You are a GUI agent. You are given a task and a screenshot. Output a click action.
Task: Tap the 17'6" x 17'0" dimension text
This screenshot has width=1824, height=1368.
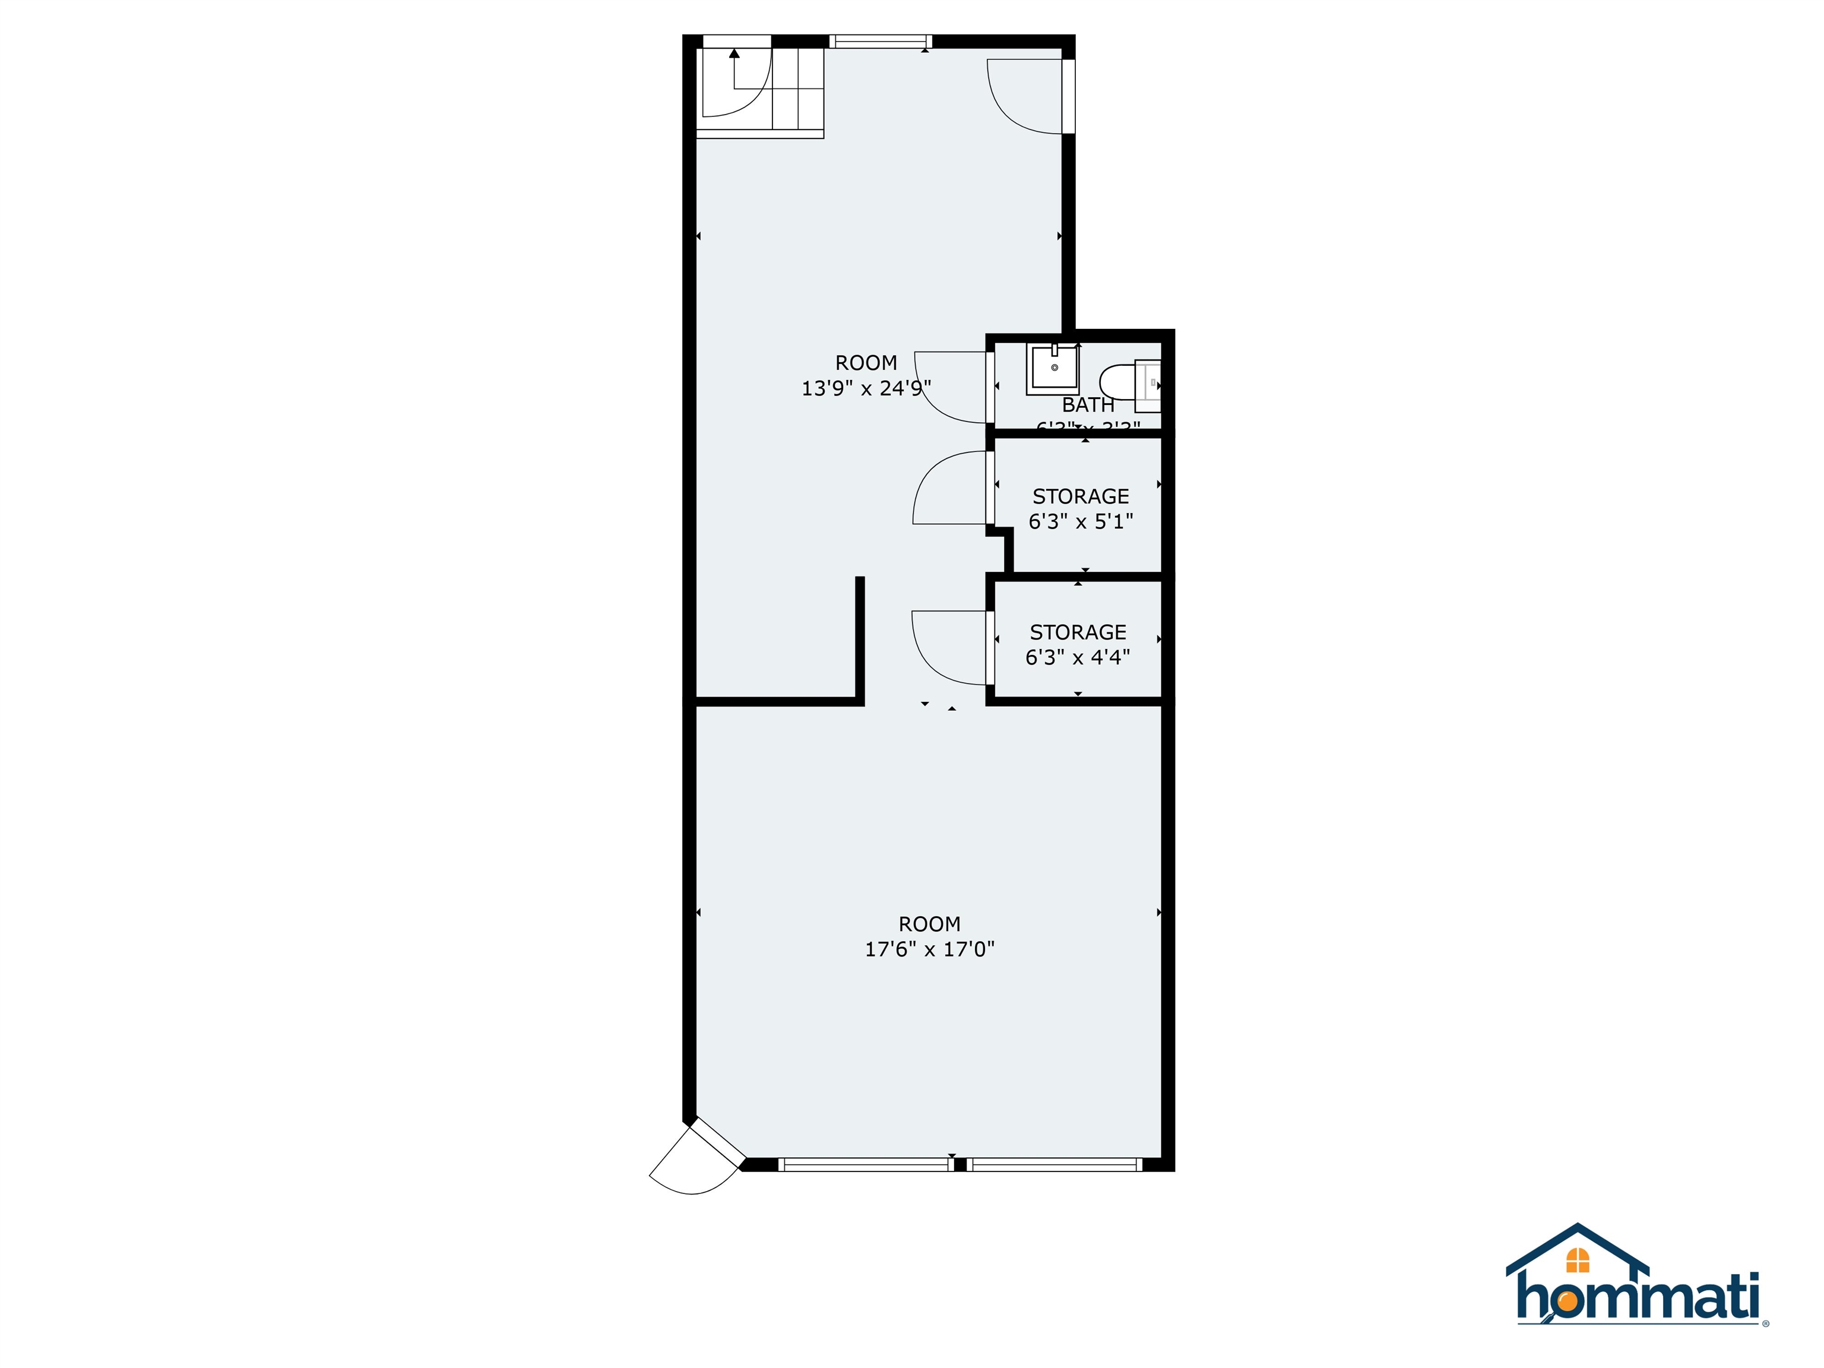[929, 949]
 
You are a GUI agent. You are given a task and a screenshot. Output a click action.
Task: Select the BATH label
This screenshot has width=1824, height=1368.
[1088, 405]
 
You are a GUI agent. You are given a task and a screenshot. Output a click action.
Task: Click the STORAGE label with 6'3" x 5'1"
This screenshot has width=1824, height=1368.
[1080, 496]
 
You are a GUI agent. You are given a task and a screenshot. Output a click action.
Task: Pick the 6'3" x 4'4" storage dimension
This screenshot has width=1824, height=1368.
[1077, 657]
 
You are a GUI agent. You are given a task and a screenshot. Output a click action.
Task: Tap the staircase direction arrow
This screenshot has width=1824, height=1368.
[734, 55]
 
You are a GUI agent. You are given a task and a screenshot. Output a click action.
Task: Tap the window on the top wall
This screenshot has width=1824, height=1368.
[880, 41]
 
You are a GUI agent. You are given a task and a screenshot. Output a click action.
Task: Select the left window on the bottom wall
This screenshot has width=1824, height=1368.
[863, 1164]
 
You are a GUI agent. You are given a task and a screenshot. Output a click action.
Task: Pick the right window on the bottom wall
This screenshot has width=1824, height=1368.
[1054, 1164]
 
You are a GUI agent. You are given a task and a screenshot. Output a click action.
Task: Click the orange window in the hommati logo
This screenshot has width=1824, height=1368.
[1578, 1260]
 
